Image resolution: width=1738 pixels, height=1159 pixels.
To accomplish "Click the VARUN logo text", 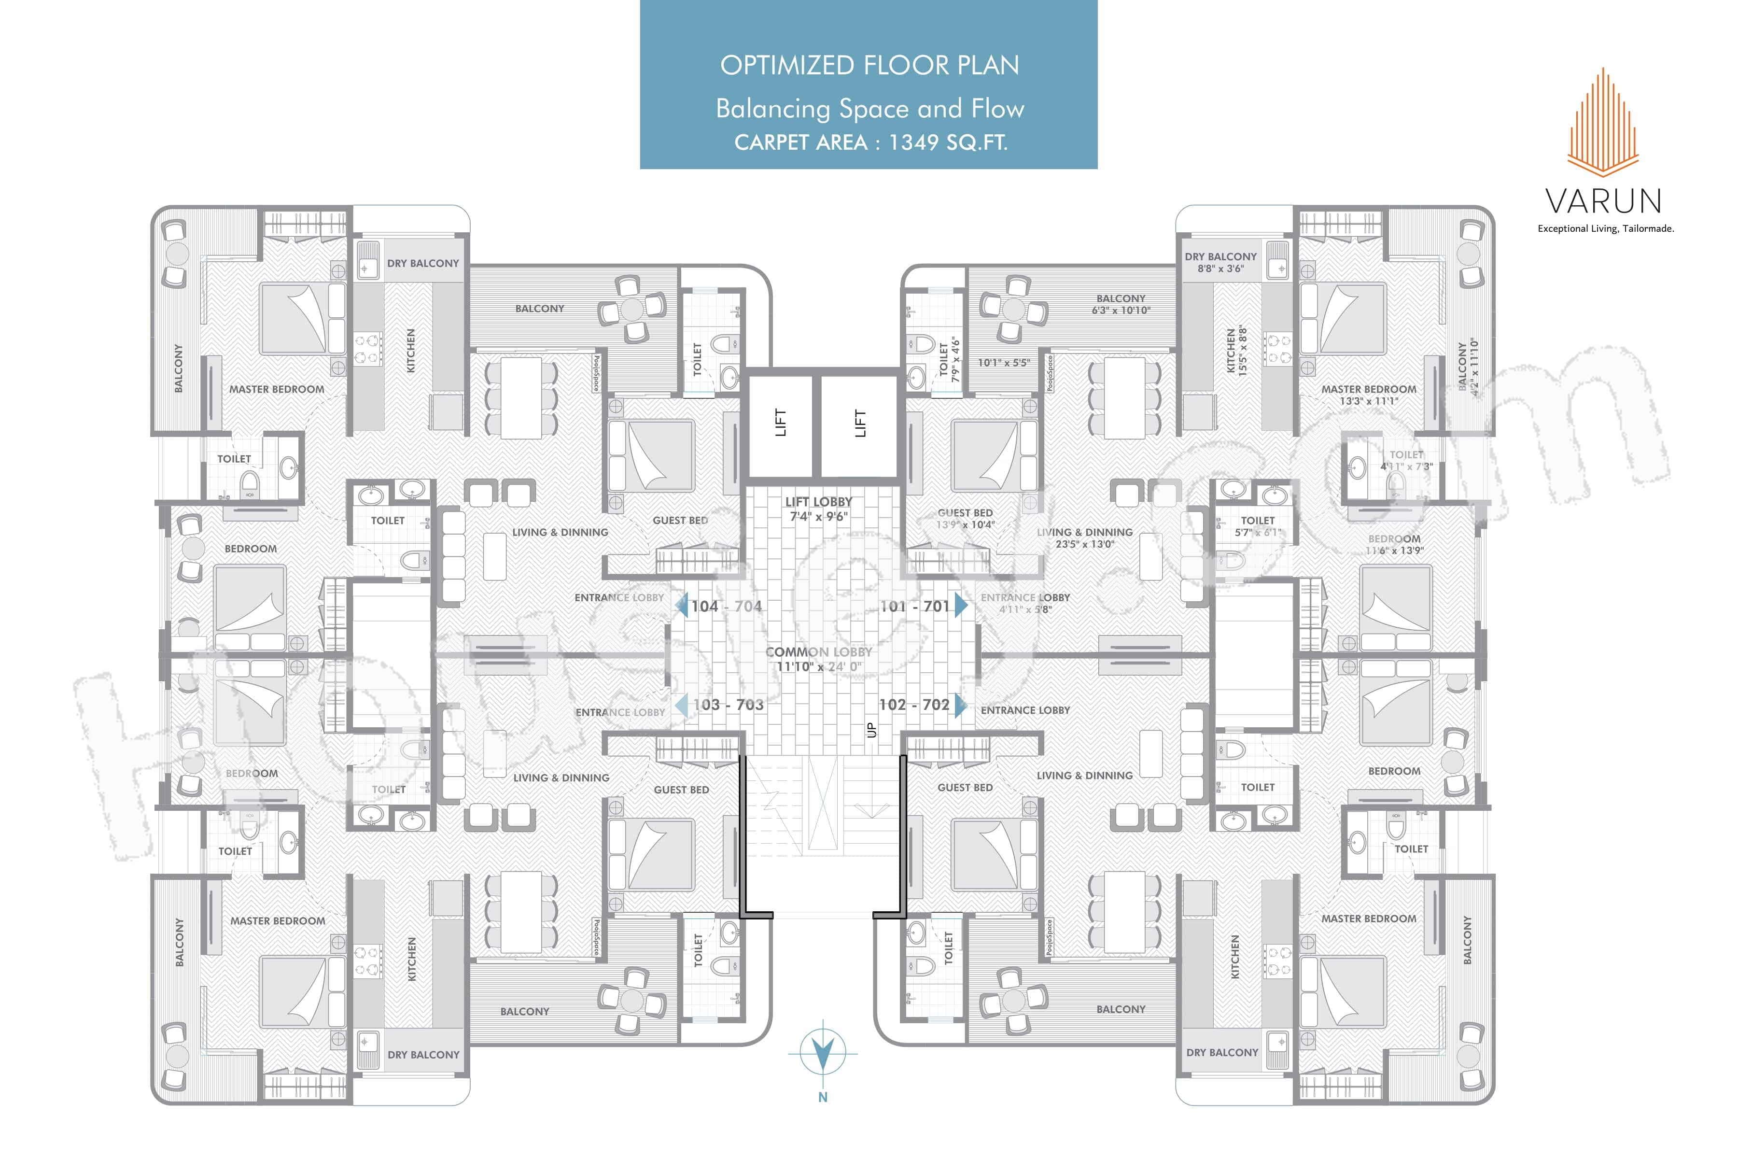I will pos(1603,201).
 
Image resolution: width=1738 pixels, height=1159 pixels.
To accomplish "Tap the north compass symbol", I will pos(823,1051).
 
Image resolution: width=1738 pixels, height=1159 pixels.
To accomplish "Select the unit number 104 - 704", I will pos(727,606).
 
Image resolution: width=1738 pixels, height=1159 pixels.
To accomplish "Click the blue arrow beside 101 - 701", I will pos(961,606).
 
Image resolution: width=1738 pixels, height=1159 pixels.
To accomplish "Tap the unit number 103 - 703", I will pos(728,705).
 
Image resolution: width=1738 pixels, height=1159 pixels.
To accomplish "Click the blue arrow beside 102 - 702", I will pos(961,705).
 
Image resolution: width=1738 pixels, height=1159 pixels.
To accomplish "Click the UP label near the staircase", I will pos(871,730).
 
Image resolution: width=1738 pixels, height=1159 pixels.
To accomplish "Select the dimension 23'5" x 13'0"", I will pos(1085,544).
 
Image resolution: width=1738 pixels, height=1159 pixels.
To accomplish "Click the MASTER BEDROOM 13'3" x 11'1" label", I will pos(1369,395).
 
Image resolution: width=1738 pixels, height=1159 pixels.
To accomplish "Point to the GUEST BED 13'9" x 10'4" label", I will pos(965,518).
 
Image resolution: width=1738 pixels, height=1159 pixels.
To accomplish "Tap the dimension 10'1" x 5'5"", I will pos(1003,363).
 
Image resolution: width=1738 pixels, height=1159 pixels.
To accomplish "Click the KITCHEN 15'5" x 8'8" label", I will pos(1236,351).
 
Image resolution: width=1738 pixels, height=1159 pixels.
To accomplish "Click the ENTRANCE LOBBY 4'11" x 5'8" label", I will pos(1025,603).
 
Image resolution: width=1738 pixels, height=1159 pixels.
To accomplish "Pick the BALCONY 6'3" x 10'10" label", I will pos(1120,304).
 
